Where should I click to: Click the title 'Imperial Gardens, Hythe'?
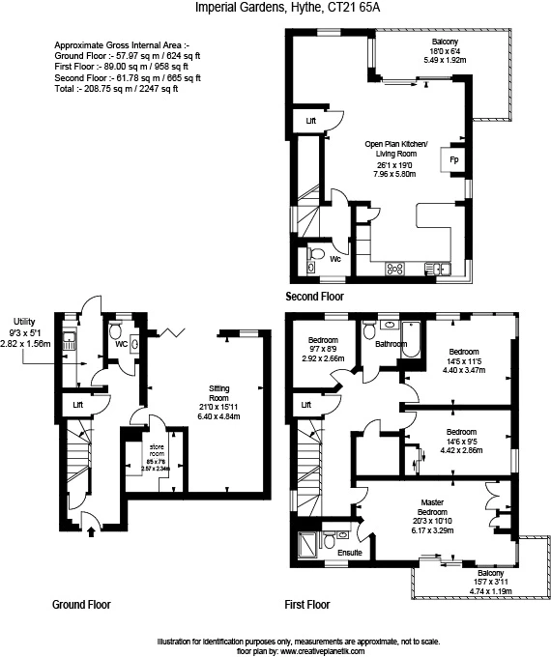(x=242, y=9)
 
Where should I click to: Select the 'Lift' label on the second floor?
(x=311, y=121)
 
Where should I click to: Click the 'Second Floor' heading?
(x=314, y=297)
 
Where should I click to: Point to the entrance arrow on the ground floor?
(x=89, y=528)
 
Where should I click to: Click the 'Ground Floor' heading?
(x=81, y=605)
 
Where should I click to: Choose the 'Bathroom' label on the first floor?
(x=391, y=344)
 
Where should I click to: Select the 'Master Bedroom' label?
(x=430, y=507)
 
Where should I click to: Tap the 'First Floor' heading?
(x=307, y=605)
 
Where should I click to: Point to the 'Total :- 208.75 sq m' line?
(x=116, y=89)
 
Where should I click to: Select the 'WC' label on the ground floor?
(x=122, y=343)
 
